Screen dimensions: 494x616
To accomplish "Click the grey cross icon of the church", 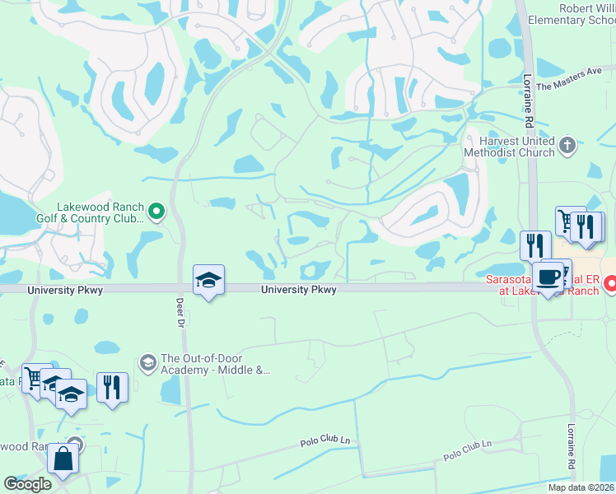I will pos(566,147).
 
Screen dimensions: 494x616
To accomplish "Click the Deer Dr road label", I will pos(181,315).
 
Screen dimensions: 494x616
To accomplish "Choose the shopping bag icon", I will pos(63,458).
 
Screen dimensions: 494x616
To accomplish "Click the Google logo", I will pos(27,484).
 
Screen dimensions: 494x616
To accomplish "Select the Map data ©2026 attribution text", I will pos(580,487).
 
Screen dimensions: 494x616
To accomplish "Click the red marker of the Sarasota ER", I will pos(610,285).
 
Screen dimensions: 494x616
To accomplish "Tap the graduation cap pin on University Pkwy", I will pos(209,280).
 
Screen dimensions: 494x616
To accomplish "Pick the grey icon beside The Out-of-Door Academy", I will pos(148,363).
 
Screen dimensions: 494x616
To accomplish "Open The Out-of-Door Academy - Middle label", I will pos(216,364).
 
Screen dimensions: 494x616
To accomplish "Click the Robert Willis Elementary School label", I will pos(585,14).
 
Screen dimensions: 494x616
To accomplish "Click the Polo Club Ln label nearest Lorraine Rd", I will pos(467,449).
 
